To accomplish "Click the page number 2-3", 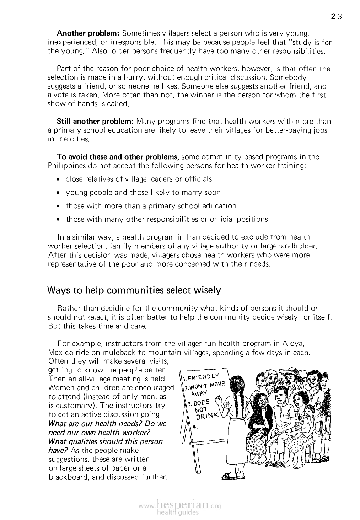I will click(x=335, y=16).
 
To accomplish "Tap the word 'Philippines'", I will click(x=67, y=166).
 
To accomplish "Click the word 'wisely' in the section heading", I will click(x=208, y=290).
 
